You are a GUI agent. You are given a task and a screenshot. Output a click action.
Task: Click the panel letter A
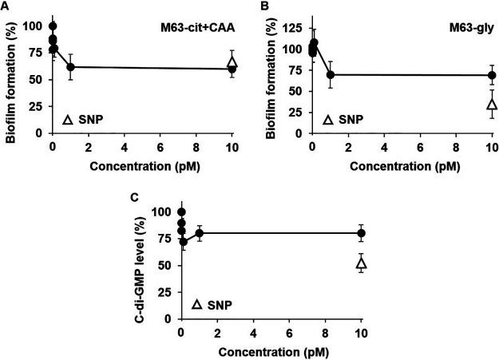4,6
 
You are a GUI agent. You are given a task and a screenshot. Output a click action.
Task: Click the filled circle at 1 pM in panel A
70,67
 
